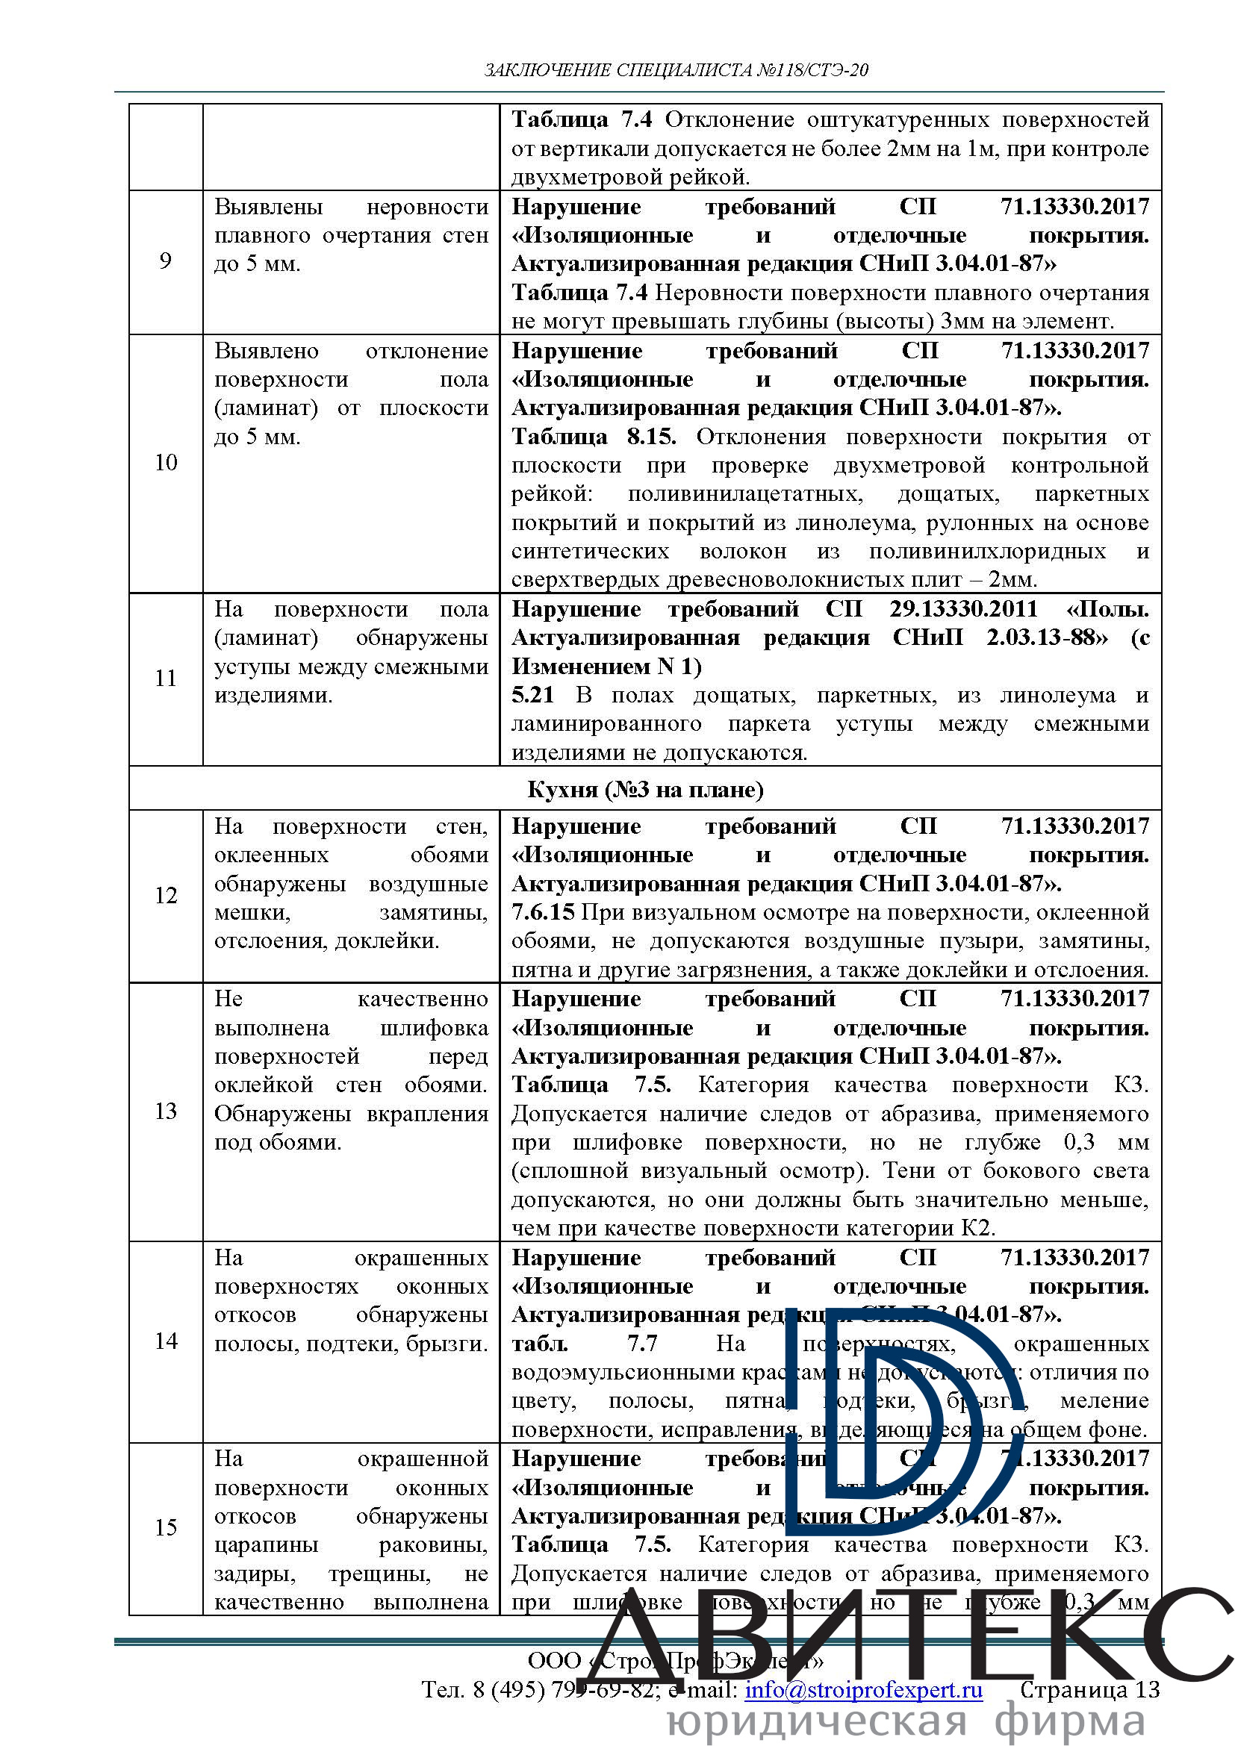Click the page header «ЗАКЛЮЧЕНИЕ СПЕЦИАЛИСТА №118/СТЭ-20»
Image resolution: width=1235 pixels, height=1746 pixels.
coord(676,71)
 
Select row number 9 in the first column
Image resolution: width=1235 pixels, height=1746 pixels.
coord(165,261)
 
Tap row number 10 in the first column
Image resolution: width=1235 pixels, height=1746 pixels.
coord(165,462)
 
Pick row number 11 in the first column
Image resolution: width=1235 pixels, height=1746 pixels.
coord(165,678)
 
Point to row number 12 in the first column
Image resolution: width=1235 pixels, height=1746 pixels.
coord(165,895)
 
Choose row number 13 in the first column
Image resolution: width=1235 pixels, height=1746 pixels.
coord(165,1111)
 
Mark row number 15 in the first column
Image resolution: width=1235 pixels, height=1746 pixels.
coord(165,1527)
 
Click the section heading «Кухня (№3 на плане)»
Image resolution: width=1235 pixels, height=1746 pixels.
coord(645,789)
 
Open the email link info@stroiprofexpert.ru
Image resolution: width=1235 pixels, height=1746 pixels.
coord(863,1690)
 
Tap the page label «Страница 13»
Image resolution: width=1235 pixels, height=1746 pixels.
coord(1089,1690)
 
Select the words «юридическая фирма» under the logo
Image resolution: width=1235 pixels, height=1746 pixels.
coord(905,1721)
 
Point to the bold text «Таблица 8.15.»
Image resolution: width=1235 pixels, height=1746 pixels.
coord(593,437)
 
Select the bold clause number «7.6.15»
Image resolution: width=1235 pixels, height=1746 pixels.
coord(542,912)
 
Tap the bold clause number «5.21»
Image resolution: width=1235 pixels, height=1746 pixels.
coord(532,695)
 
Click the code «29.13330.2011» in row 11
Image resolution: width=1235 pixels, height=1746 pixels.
coord(962,609)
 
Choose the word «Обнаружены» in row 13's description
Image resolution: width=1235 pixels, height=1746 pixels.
coord(282,1114)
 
